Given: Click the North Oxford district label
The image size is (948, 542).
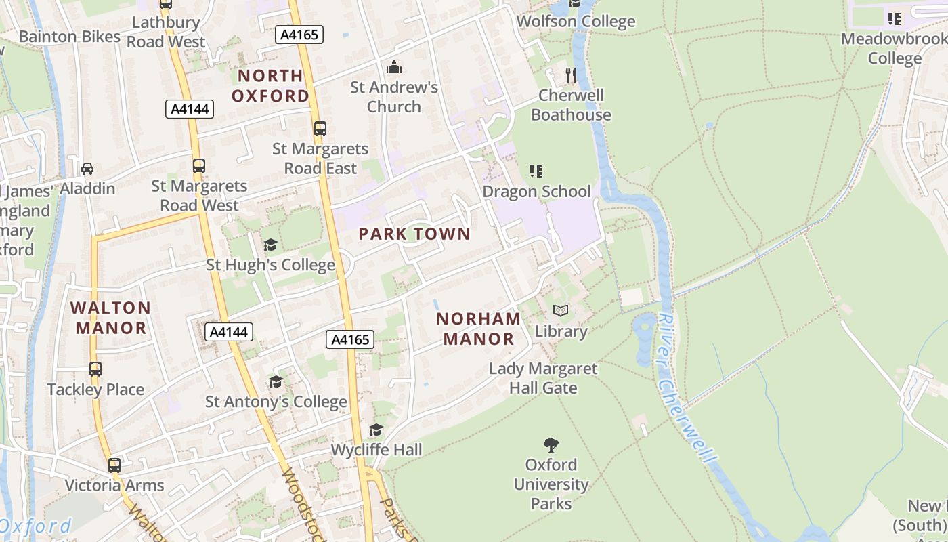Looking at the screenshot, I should [270, 85].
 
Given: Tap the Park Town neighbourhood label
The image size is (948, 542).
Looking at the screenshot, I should [414, 234].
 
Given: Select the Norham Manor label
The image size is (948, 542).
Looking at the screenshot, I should [479, 329].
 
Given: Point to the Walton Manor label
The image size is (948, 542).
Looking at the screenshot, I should [110, 318].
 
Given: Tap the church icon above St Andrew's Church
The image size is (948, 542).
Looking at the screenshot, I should [394, 68].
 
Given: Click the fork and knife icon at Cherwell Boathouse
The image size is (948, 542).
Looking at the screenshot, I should [571, 75].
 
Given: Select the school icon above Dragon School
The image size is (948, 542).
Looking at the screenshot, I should [536, 171].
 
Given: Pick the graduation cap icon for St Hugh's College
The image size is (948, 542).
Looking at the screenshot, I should [270, 245].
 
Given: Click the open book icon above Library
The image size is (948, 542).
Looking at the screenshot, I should [561, 311].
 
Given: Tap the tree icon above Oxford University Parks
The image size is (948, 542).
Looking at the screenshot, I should [551, 445].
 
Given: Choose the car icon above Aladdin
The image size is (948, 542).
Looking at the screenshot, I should [87, 169].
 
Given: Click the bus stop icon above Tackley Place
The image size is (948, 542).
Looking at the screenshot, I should [95, 369].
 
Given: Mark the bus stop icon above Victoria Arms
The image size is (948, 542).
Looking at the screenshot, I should [114, 465].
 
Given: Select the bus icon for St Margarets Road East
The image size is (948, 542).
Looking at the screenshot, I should [320, 129].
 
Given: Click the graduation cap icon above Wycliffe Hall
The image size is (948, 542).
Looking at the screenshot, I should [376, 430].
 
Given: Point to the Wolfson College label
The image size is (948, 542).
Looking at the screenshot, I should [576, 22].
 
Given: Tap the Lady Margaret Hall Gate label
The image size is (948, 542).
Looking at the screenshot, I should [543, 378].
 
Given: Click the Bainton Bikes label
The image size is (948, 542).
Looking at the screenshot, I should [69, 37].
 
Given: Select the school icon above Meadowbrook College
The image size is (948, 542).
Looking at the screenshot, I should [895, 19].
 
